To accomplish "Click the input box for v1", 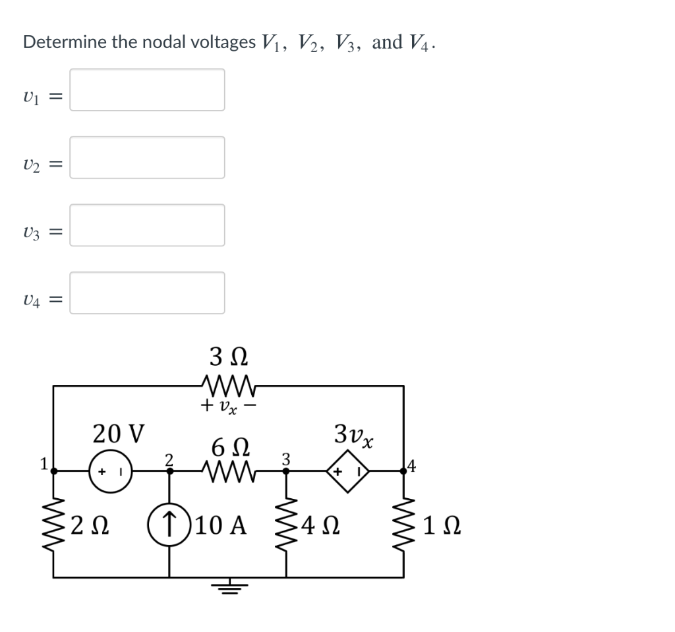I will (x=147, y=90).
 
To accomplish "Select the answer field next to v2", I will (x=147, y=158).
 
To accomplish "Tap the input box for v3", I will (x=147, y=225).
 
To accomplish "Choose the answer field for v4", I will (x=147, y=293).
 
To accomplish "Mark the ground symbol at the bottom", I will (x=228, y=587).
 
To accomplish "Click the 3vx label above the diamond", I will (x=354, y=435).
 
